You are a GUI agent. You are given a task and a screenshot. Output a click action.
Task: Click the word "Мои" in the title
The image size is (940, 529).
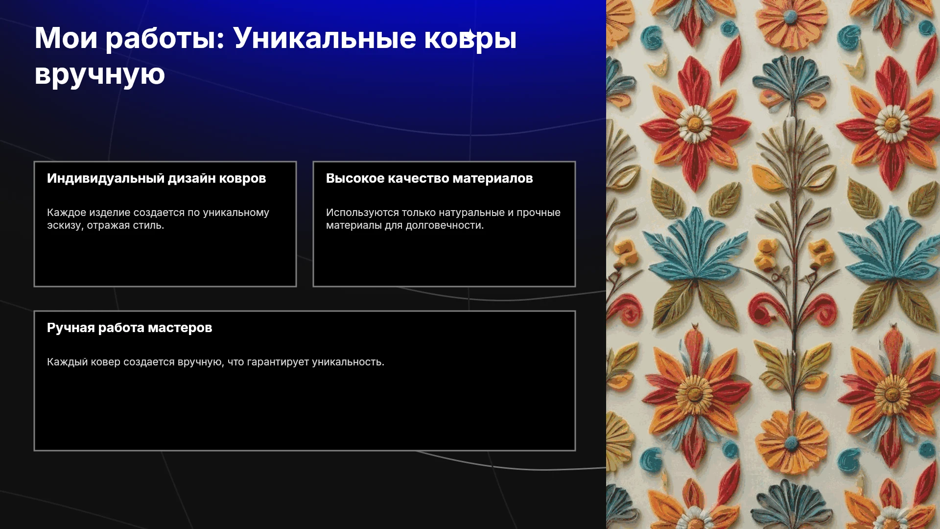click(66, 38)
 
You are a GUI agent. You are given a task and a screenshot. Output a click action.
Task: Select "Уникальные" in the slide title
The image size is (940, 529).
click(325, 38)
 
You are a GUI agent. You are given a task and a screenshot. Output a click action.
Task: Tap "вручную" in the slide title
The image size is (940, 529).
click(100, 75)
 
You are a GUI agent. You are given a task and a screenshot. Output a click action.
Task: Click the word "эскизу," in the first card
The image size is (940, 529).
click(65, 225)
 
